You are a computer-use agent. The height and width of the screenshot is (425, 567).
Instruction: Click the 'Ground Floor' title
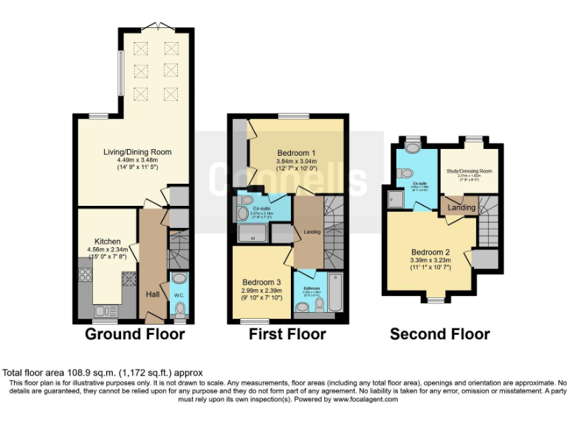point(134,334)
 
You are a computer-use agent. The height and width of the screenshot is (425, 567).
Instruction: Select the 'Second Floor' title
point(439,334)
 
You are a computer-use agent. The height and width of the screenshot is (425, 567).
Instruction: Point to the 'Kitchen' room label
point(107,241)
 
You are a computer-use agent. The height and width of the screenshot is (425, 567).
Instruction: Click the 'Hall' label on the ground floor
point(153,294)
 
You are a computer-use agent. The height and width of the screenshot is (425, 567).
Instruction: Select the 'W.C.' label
point(179,296)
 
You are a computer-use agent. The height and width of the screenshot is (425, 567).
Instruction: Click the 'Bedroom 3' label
point(262,282)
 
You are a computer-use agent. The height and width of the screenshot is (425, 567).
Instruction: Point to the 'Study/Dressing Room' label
point(469,171)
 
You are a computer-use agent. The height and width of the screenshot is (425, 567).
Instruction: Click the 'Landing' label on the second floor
point(462,208)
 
